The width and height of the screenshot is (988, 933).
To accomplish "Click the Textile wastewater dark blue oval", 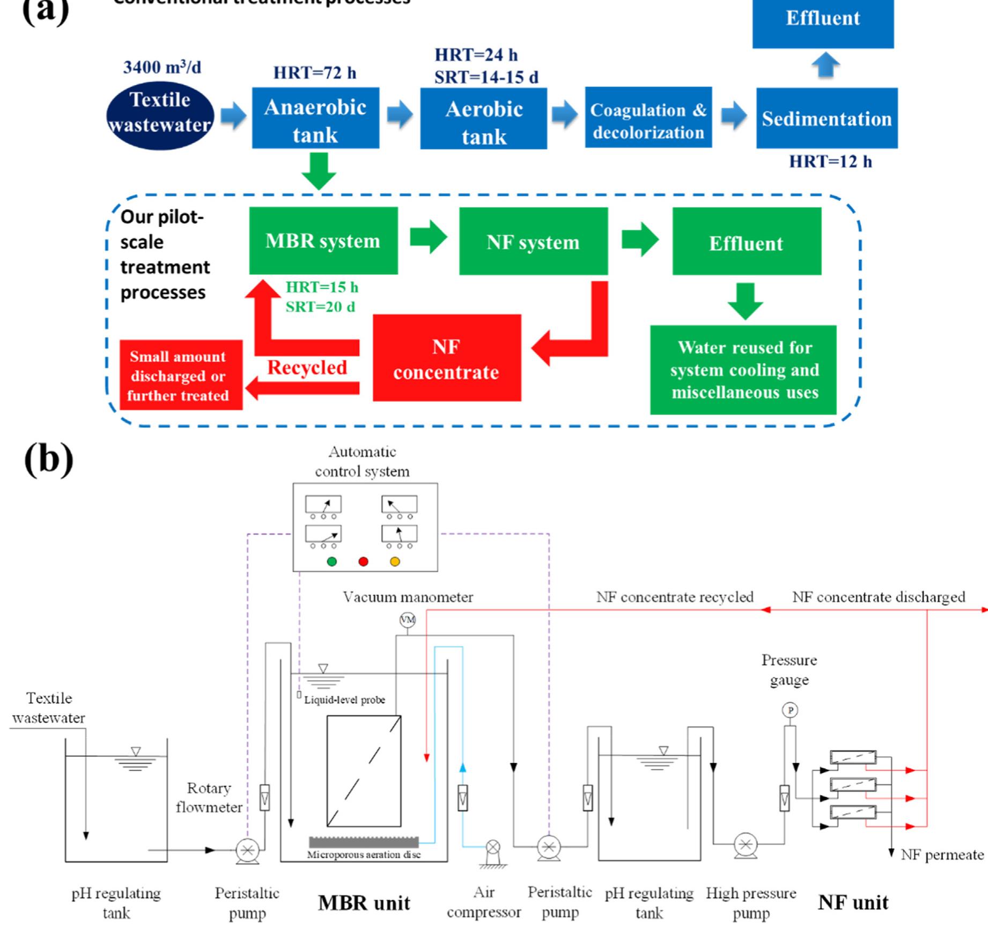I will pos(160,114).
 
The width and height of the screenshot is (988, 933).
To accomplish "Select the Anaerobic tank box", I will pos(315,119).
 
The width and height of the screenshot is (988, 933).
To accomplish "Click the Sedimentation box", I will pos(827,119).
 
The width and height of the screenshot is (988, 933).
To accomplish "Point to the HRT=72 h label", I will pos(314,73).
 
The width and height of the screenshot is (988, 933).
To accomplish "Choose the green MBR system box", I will pos(323,241).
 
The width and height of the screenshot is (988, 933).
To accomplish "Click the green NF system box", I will pos(533,242).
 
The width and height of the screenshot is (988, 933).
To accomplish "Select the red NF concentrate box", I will pos(446,358).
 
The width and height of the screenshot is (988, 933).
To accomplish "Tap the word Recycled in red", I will pos(307,368).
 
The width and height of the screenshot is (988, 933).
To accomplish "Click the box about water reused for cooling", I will pos(743,370).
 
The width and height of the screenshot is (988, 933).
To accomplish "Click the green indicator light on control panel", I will pos(332,562).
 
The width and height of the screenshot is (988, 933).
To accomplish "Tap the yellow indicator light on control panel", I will pos(395,562).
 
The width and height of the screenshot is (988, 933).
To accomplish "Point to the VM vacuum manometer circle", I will pos(408,620).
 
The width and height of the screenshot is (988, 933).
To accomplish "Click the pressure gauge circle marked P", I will pos(790,710).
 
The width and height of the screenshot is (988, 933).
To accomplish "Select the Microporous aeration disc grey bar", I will pos(363,842).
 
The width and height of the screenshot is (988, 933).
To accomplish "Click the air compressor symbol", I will pos(493,848).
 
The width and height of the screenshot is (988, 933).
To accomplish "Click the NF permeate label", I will pos(942,855).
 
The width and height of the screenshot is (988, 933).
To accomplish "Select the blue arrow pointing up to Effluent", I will pos(825,65).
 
